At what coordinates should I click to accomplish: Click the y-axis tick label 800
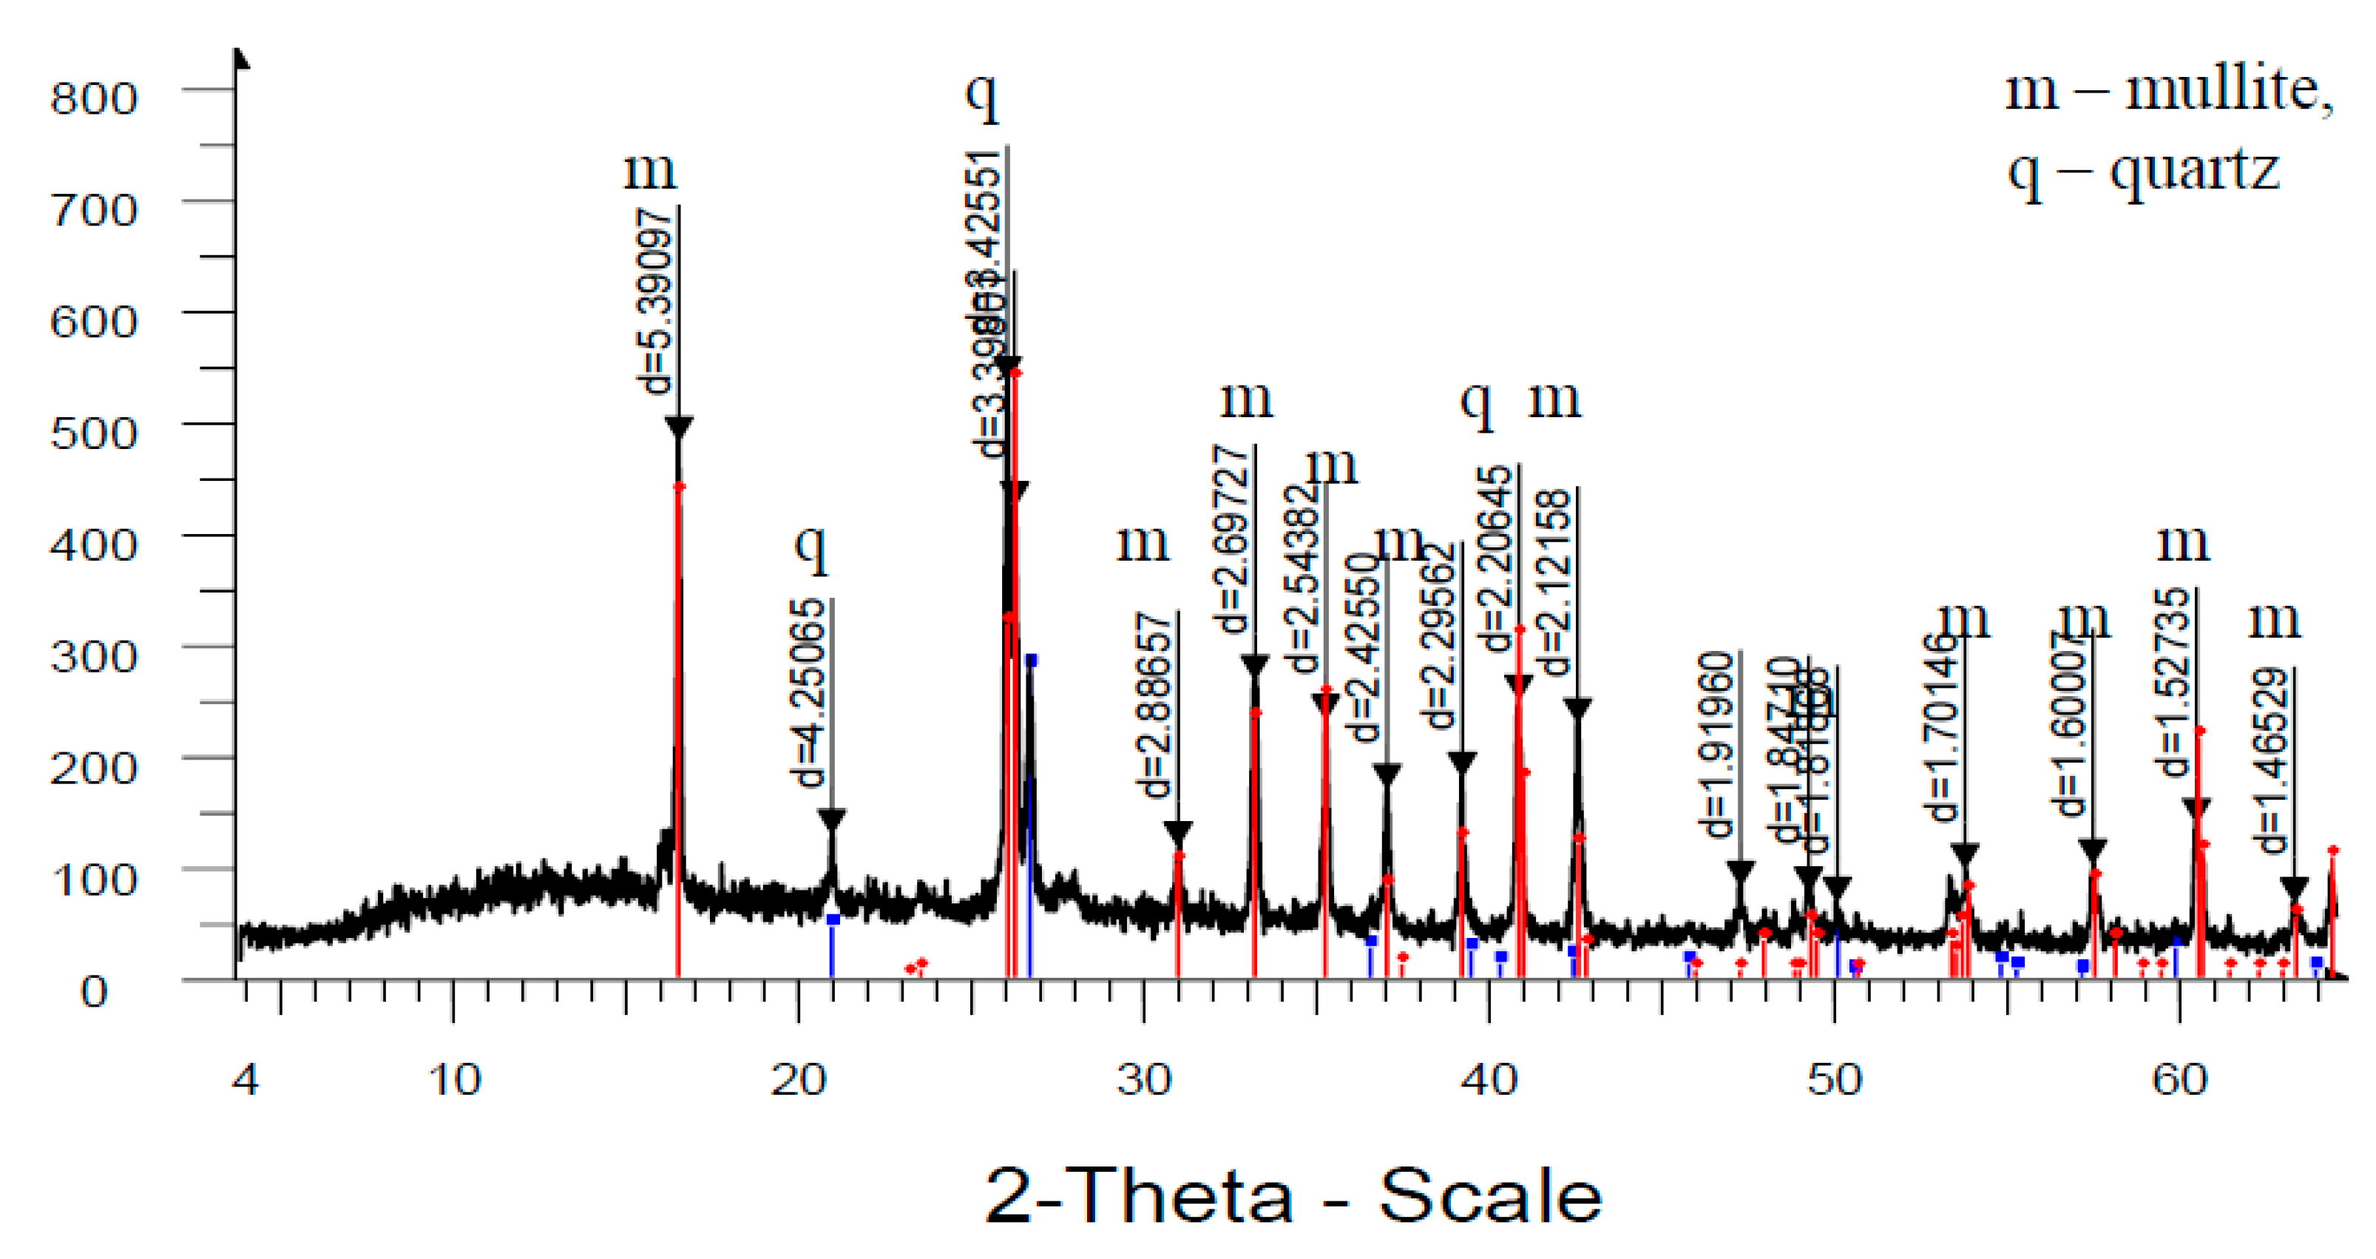point(93,97)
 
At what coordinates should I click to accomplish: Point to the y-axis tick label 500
point(93,433)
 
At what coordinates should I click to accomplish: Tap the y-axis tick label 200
point(93,766)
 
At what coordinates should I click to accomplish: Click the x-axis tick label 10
point(454,1080)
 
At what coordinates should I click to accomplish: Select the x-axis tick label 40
point(1489,1080)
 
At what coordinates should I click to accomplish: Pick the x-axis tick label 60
point(2179,1080)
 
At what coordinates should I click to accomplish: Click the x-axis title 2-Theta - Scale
point(1293,1196)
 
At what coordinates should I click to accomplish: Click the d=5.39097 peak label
point(657,302)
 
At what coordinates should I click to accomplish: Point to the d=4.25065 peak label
point(809,692)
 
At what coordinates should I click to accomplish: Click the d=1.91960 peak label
point(1716,743)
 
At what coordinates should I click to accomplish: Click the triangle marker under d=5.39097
point(679,427)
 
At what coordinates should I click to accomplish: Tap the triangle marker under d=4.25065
point(832,818)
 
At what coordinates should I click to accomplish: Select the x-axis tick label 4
point(246,1080)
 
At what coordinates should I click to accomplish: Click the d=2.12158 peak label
point(1555,582)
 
